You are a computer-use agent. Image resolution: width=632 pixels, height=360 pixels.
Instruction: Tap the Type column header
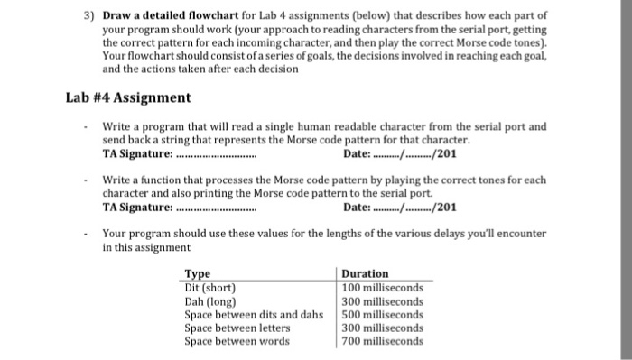coord(197,273)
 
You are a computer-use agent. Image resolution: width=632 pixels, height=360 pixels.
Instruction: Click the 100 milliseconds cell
coord(383,287)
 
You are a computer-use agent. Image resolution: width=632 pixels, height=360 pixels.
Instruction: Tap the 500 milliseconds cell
coord(383,314)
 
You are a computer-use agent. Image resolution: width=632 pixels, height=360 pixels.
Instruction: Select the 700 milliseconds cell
coord(383,341)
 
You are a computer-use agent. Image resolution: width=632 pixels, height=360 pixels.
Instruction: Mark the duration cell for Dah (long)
coord(383,300)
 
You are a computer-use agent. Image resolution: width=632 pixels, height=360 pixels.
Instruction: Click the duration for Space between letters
coord(383,328)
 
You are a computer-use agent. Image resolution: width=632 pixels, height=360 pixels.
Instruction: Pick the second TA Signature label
coord(136,207)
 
